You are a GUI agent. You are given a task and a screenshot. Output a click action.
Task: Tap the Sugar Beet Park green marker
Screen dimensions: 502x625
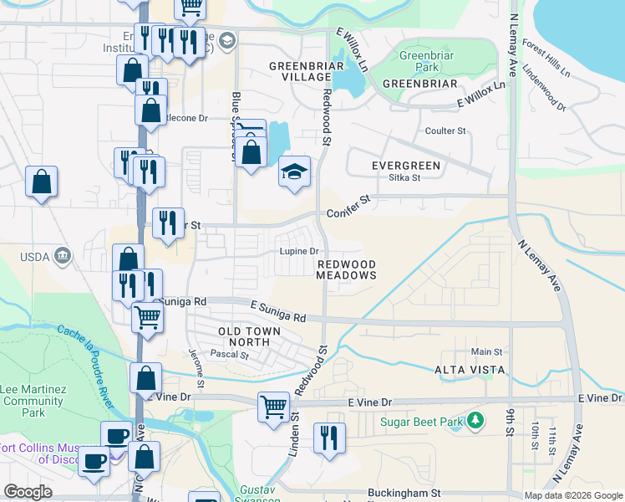(x=475, y=420)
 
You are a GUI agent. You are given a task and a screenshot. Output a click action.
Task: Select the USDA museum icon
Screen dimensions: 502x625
(x=61, y=255)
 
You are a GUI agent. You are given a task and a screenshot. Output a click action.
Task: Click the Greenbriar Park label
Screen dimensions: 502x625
(x=419, y=62)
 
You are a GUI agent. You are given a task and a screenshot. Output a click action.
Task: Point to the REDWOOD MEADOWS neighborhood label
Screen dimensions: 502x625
(x=347, y=270)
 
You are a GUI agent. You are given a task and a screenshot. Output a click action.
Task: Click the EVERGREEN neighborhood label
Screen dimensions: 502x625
(x=405, y=166)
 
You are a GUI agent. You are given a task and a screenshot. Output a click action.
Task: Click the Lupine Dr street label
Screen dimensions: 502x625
(x=299, y=251)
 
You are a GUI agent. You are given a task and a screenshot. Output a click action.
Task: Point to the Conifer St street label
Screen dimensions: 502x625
(x=348, y=207)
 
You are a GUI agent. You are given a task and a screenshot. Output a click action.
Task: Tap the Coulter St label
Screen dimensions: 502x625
(x=445, y=131)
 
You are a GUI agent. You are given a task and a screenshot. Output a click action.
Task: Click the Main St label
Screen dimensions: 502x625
(x=486, y=352)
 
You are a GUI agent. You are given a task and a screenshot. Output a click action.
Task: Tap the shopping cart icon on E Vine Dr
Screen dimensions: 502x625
(x=273, y=407)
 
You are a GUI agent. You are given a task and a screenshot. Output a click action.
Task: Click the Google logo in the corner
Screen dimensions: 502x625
(x=28, y=492)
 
